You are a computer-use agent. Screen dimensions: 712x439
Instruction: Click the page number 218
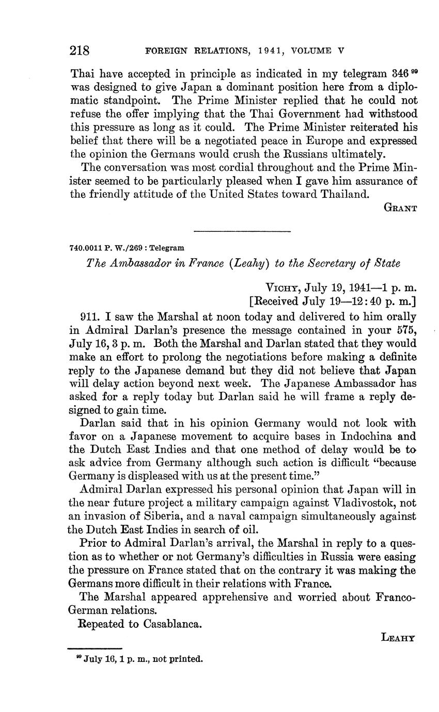(80, 51)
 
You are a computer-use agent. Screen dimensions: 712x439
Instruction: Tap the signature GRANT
(400, 208)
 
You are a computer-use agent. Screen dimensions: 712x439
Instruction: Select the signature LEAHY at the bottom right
(398, 638)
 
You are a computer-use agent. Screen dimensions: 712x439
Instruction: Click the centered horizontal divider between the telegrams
(242, 231)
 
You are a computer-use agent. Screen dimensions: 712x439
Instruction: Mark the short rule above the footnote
(95, 648)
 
